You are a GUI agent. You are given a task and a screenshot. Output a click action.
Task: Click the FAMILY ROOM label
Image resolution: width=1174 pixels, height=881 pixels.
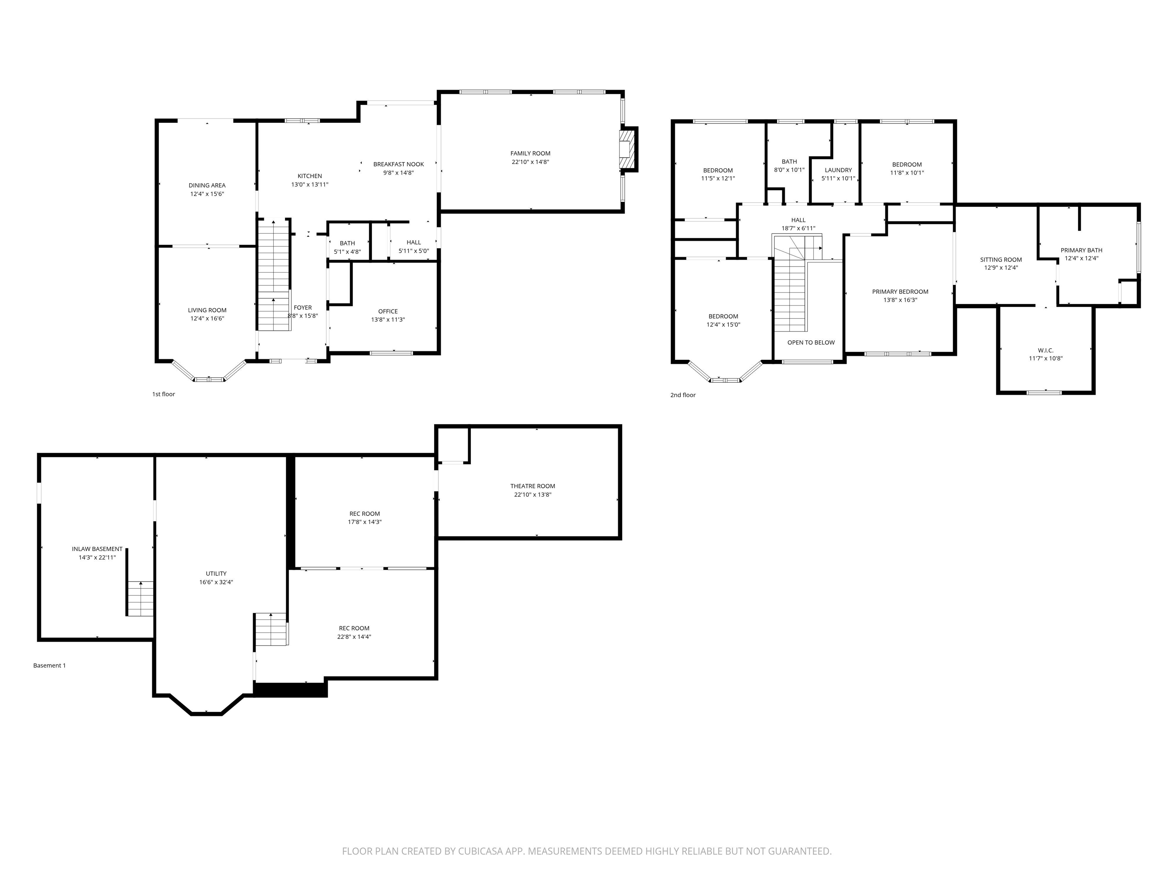click(530, 153)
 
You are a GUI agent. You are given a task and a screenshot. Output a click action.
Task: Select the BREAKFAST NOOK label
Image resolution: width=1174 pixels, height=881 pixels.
click(398, 164)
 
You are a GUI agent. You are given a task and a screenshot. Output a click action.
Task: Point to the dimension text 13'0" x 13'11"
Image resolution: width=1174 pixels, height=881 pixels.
click(310, 185)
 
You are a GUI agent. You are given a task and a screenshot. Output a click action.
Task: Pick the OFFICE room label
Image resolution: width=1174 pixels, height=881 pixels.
click(388, 311)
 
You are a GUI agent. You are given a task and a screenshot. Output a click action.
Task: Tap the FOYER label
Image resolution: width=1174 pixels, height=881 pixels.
click(303, 307)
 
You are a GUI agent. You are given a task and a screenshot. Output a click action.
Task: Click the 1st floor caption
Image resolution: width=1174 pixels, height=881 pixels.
click(164, 394)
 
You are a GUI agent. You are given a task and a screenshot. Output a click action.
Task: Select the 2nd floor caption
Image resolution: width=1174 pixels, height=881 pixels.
click(683, 395)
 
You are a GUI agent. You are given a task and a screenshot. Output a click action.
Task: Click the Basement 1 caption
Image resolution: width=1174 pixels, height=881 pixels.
click(49, 665)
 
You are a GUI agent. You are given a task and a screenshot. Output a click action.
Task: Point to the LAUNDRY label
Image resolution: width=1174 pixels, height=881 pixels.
click(838, 170)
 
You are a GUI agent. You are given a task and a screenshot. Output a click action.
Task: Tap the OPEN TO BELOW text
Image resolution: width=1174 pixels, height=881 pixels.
click(811, 343)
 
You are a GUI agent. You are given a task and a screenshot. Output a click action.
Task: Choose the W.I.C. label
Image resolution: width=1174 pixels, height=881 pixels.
click(1045, 351)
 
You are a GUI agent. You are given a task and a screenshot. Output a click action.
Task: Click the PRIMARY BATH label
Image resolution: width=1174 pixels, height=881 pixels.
click(1081, 250)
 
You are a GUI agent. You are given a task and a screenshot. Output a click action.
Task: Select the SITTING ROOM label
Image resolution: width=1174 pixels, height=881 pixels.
click(1000, 260)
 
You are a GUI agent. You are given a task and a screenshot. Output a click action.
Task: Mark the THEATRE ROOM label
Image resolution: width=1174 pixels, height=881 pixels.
click(532, 486)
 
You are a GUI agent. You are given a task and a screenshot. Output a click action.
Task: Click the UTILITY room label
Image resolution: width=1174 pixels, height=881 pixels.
click(216, 574)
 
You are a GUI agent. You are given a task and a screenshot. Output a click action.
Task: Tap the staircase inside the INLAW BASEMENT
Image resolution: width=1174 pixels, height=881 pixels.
click(140, 598)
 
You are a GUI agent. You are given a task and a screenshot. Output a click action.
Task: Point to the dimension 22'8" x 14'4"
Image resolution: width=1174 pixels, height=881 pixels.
click(354, 637)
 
